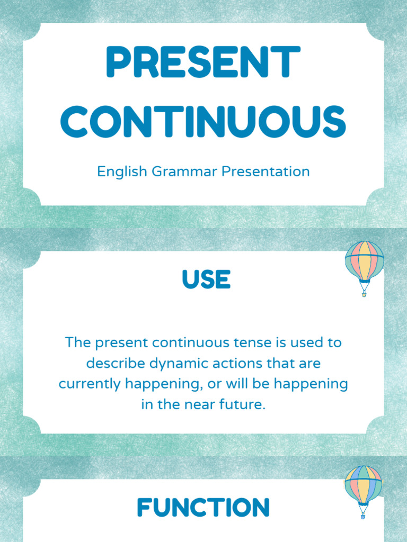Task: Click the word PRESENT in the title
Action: (x=203, y=62)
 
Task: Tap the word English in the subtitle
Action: (x=123, y=171)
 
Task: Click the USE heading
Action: (x=206, y=279)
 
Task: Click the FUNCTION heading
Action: (x=203, y=508)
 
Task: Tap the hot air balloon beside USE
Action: (x=364, y=262)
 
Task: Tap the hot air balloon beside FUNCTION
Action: (x=363, y=486)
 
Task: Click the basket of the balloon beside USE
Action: (x=364, y=294)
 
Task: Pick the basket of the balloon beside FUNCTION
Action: (x=364, y=515)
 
